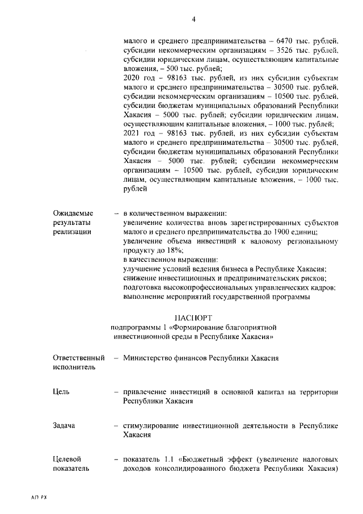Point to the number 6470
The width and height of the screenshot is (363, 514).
[x=288, y=41]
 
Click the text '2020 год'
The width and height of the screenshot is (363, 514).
[x=137, y=78]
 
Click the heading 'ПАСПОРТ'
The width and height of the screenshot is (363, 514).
[x=193, y=317]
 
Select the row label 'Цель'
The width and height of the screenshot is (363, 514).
[x=61, y=392]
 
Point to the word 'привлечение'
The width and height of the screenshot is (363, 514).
[x=145, y=392]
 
